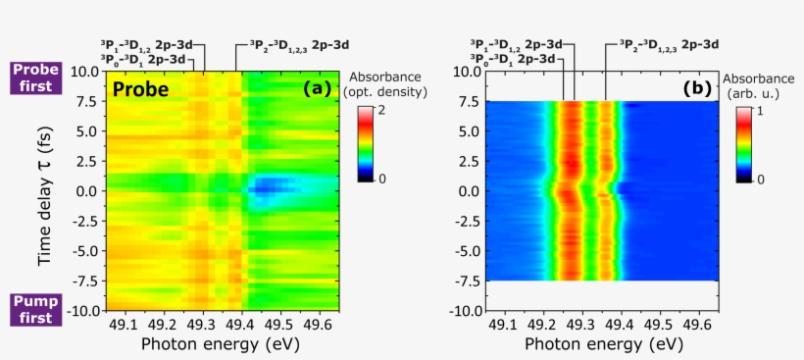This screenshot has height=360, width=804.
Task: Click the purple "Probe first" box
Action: (x=36, y=78)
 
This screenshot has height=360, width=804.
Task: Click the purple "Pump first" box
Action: (x=36, y=309)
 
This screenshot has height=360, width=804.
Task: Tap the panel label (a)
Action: (x=316, y=88)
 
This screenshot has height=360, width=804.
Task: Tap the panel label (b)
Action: (x=697, y=87)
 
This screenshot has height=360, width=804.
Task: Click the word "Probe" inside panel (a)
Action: (x=140, y=90)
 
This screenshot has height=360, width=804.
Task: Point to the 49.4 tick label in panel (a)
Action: (x=240, y=325)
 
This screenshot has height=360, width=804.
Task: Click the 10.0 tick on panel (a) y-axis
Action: (x=82, y=72)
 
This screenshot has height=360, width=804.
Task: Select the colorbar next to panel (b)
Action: (x=744, y=143)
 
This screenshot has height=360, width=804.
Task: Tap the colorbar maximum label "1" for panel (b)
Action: (x=758, y=111)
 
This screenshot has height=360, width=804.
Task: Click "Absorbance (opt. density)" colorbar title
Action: (x=385, y=83)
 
